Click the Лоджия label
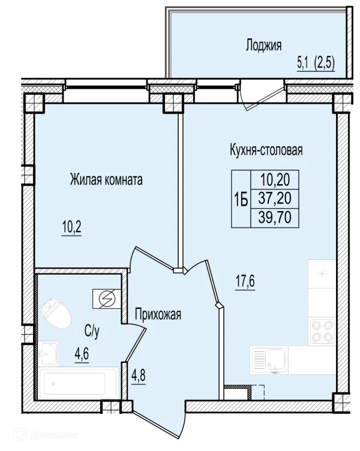click(x=263, y=46)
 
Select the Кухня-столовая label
click(x=266, y=150)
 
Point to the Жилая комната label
click(x=106, y=180)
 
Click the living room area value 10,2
click(x=71, y=227)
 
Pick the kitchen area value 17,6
click(x=245, y=281)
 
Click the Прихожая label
click(x=158, y=314)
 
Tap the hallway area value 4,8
click(x=139, y=375)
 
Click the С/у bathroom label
click(x=92, y=331)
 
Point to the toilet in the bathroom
click(x=56, y=313)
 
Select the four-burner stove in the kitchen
click(x=322, y=331)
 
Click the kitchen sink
click(x=269, y=360)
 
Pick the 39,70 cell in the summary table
click(x=275, y=218)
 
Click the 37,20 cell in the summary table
click(x=275, y=199)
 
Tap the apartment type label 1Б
click(x=241, y=199)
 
